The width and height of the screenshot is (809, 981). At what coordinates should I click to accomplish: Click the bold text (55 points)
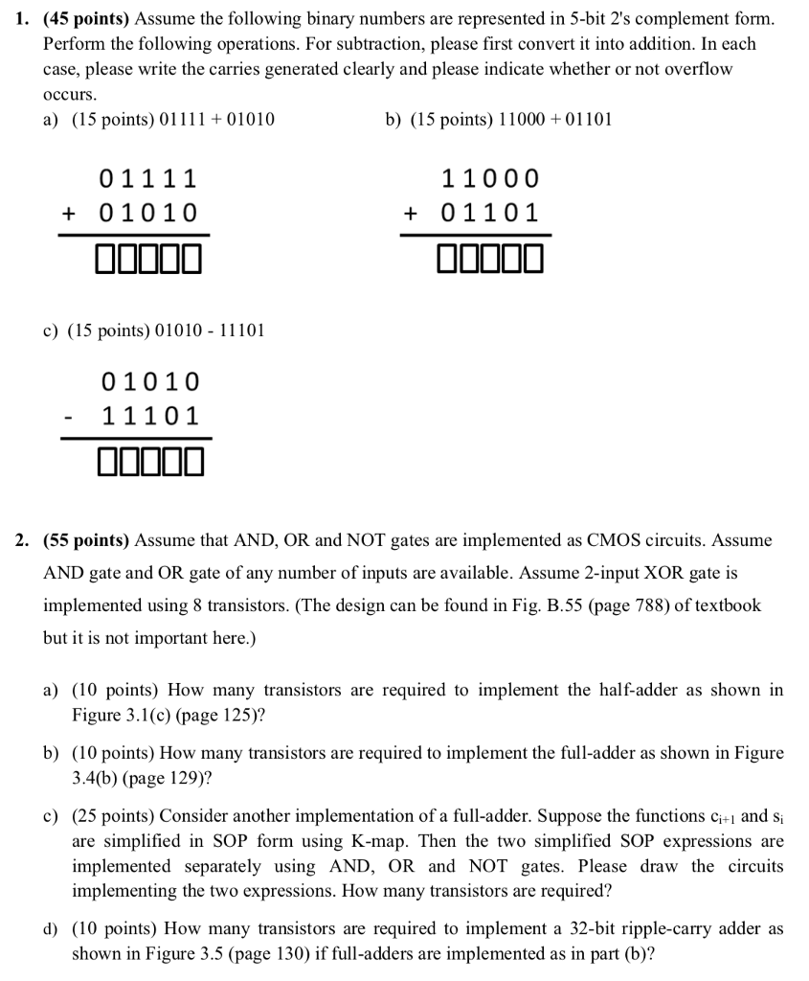coord(87,540)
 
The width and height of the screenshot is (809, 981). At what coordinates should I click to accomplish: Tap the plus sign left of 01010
coord(69,213)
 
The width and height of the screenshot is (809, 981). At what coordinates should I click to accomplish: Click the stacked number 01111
coord(148,179)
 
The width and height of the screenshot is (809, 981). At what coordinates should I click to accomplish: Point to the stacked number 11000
coord(490,179)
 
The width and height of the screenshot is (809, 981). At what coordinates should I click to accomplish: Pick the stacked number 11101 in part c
coord(151,417)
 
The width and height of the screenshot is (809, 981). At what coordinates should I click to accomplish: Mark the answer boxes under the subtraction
coord(150,464)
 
